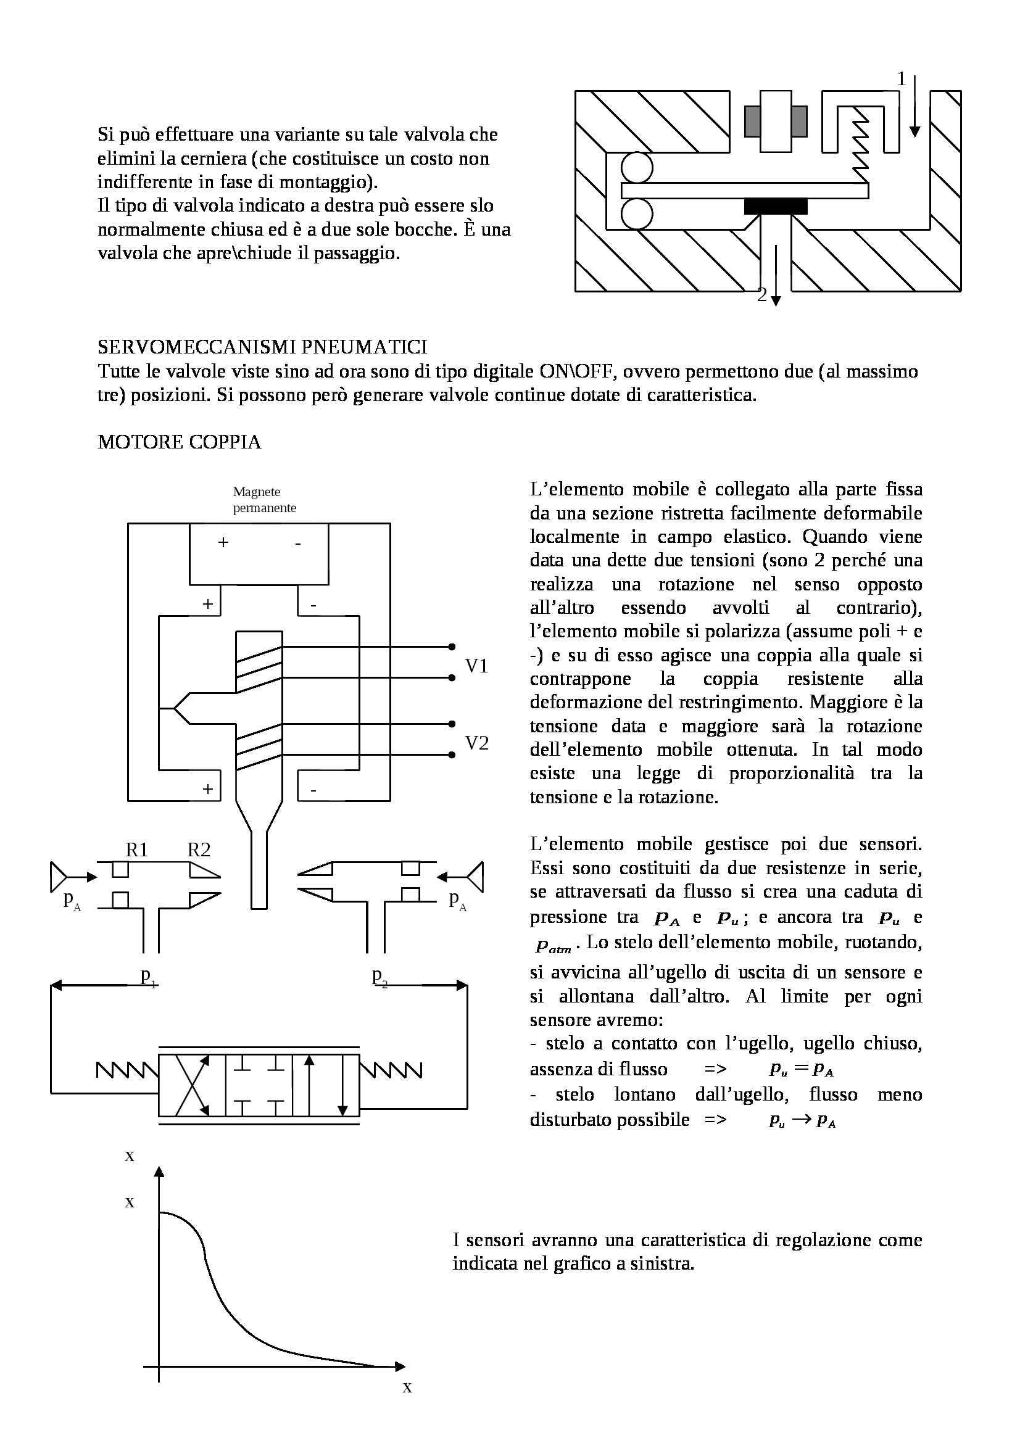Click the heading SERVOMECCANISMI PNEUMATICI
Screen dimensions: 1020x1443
(262, 347)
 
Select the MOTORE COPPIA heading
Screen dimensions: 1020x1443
(179, 442)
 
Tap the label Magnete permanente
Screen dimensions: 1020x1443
(264, 500)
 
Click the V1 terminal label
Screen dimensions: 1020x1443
(476, 666)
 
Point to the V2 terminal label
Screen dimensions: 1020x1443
(476, 743)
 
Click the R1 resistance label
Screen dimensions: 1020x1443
(136, 850)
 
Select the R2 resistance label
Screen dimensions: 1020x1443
(199, 850)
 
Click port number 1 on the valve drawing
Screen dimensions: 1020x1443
(902, 79)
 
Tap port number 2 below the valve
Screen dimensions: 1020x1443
(762, 295)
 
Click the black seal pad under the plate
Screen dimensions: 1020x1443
(776, 206)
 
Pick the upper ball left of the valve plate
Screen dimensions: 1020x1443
(637, 168)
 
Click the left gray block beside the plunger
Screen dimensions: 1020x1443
(752, 122)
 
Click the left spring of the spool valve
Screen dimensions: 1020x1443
(127, 1069)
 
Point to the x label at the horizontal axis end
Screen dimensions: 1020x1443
(407, 1387)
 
